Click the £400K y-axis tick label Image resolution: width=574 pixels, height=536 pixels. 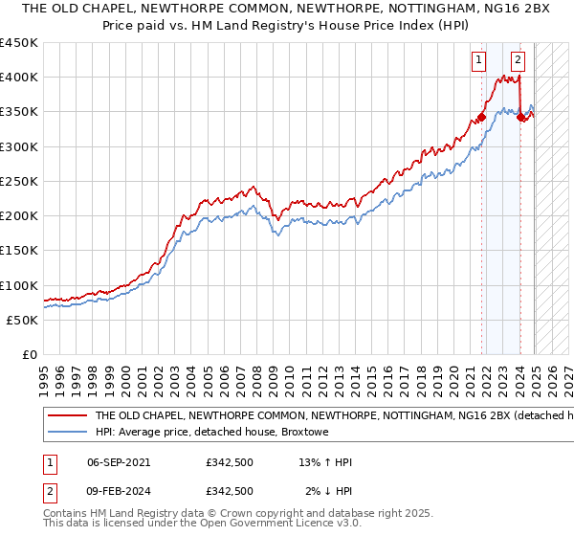(19, 78)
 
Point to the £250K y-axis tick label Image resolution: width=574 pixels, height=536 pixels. (19, 181)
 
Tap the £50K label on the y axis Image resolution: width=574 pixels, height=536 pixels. (23, 320)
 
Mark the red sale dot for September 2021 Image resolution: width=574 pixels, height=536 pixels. (481, 118)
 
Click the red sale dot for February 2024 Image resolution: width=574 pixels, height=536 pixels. (520, 118)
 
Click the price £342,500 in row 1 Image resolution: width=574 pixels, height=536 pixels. (229, 462)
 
